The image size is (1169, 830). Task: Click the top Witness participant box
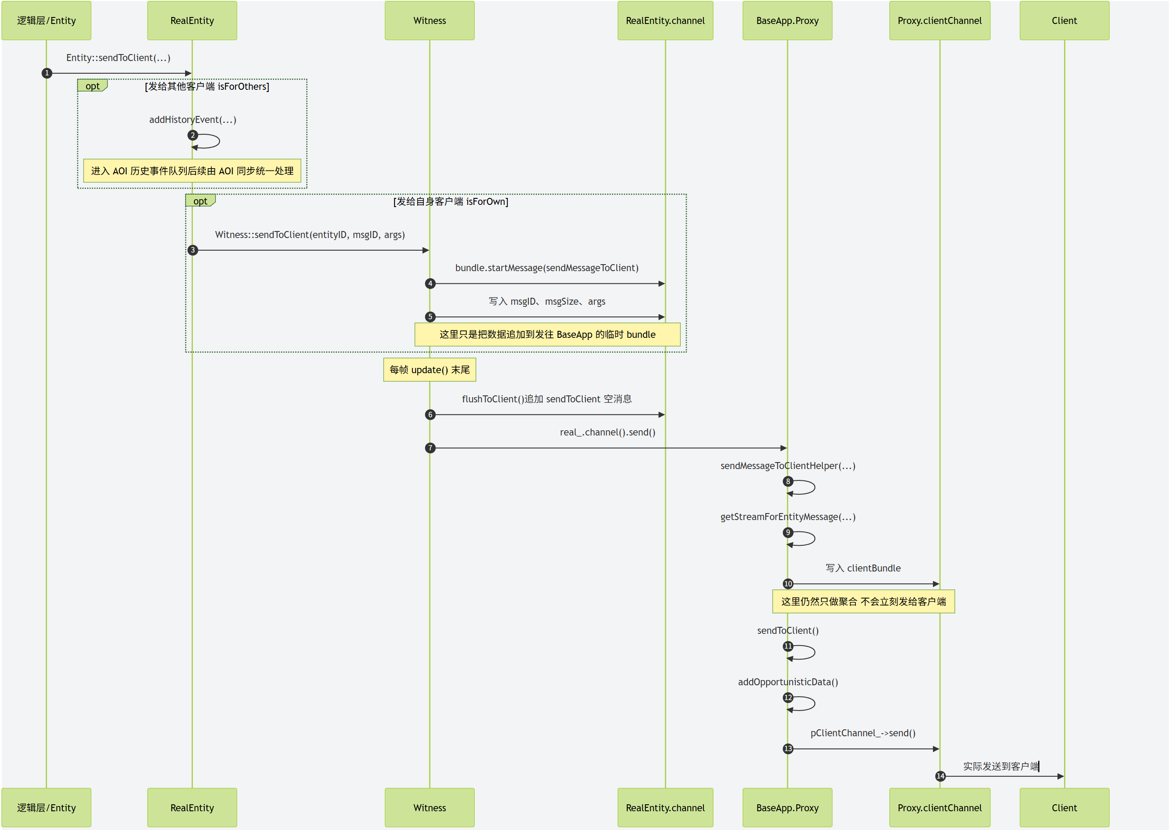[x=429, y=20]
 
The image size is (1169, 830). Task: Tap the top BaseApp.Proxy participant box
[x=787, y=20]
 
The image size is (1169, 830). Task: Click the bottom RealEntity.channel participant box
[x=665, y=807]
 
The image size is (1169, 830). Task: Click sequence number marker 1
[x=47, y=73]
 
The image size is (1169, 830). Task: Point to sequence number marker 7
[x=430, y=448]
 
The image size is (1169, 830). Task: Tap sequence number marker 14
[x=940, y=776]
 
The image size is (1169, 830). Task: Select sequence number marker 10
[x=788, y=584]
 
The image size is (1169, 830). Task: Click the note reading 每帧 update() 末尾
[x=429, y=370]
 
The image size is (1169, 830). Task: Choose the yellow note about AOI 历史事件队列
[x=192, y=171]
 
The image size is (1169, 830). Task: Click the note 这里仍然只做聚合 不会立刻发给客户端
[x=863, y=602]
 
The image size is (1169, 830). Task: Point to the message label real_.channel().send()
[x=607, y=432]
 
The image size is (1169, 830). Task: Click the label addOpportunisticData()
[x=787, y=682]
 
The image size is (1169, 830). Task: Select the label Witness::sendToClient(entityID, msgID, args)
[x=310, y=235]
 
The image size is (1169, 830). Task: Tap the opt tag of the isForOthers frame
[x=92, y=86]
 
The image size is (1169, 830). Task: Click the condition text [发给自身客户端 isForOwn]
[x=450, y=201]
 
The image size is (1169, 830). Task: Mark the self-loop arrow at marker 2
[x=209, y=141]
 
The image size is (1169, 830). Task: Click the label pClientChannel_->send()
[x=862, y=733]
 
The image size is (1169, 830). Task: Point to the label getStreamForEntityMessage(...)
[x=787, y=517]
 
